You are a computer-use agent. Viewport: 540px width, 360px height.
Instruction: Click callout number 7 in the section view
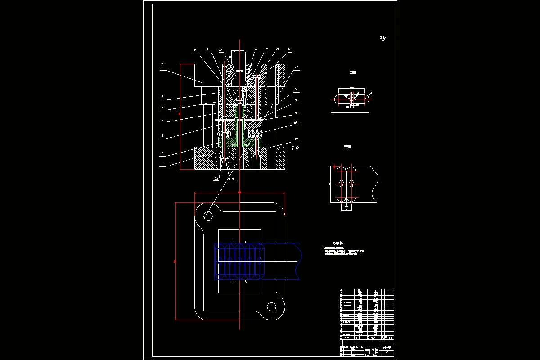(162, 64)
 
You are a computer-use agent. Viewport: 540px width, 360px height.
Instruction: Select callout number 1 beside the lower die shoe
(161, 165)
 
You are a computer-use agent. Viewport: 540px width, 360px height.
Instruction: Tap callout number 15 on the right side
(296, 67)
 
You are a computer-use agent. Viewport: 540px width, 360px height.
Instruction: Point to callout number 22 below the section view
(216, 179)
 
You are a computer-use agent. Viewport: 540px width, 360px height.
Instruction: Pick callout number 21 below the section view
(233, 179)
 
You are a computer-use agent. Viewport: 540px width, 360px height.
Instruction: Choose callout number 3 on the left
(162, 135)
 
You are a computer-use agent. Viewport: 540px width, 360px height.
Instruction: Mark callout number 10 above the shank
(220, 49)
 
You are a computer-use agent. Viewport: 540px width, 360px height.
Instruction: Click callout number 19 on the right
(296, 122)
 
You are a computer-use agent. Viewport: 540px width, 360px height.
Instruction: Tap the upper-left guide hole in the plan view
(208, 216)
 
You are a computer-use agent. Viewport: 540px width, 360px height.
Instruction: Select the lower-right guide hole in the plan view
(271, 307)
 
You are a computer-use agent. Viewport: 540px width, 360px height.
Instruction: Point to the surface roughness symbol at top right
(383, 39)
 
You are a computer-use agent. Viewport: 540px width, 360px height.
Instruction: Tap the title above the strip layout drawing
(348, 146)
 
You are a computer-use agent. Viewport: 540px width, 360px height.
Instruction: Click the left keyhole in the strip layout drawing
(342, 183)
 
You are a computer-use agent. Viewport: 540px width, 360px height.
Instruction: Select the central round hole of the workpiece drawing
(354, 99)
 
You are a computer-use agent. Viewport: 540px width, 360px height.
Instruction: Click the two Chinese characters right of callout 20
(295, 147)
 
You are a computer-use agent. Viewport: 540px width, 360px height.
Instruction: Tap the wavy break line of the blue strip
(299, 261)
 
